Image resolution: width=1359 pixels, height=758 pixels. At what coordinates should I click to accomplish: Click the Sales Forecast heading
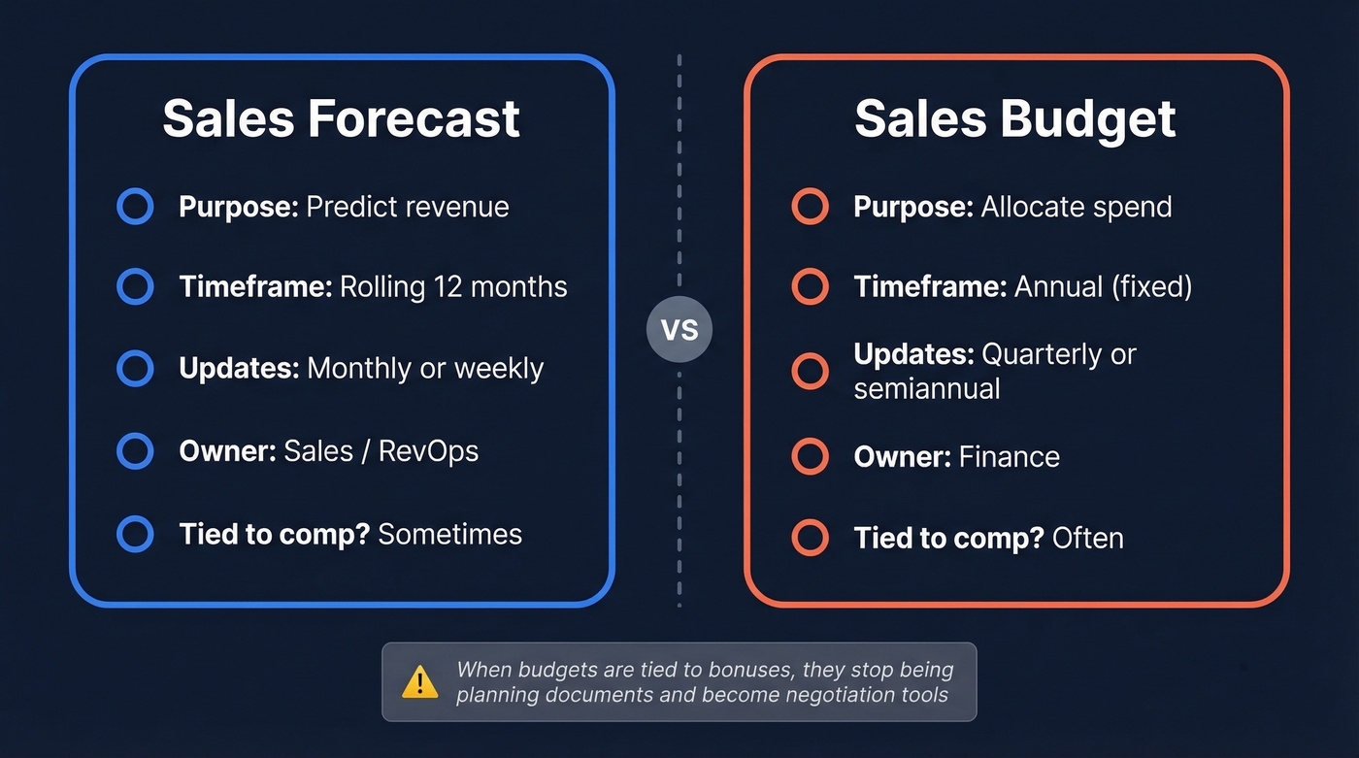click(x=341, y=118)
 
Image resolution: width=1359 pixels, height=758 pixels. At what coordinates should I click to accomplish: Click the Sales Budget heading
click(x=1014, y=118)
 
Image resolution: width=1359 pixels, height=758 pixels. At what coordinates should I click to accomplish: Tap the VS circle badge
click(x=679, y=330)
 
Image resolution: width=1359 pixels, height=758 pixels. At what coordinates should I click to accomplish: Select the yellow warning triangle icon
click(x=419, y=681)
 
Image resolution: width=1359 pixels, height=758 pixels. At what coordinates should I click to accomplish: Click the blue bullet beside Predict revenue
click(x=135, y=207)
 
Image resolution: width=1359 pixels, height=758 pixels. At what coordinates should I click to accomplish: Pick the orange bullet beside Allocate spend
click(x=810, y=207)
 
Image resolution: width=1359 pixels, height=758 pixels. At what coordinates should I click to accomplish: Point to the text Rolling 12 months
click(x=452, y=287)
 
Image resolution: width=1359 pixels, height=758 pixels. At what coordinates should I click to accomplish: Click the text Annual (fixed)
click(x=1103, y=287)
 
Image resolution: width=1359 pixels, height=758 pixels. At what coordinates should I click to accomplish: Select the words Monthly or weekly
click(x=424, y=369)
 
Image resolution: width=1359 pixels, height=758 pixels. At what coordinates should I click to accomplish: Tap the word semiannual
click(x=927, y=389)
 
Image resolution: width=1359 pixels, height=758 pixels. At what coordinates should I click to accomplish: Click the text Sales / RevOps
click(x=381, y=451)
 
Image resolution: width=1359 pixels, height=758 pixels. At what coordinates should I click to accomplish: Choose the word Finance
click(x=1010, y=457)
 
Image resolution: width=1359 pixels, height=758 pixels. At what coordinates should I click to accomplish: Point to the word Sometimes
click(x=449, y=534)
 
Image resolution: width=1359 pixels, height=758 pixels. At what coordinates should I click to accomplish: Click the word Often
click(x=1087, y=538)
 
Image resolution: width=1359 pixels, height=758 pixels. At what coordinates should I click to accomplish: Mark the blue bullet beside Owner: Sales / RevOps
click(x=135, y=451)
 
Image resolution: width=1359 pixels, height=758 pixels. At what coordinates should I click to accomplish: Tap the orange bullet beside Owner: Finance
click(x=810, y=456)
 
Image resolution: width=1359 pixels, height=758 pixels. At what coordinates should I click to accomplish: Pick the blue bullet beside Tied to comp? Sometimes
click(x=135, y=534)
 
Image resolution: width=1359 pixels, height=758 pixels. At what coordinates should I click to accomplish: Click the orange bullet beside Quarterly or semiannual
click(x=810, y=371)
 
